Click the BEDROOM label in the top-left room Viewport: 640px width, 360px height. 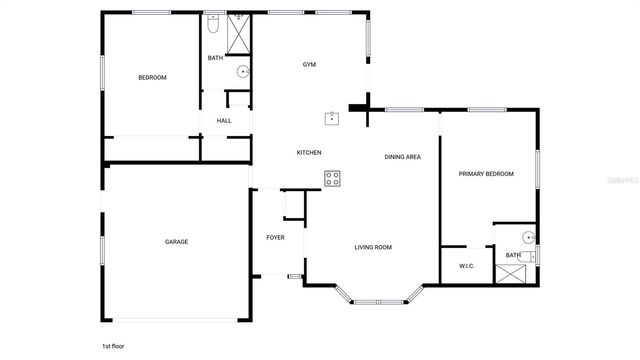[x=152, y=77]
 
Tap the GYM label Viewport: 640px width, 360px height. [x=310, y=65]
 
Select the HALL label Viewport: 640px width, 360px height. [x=224, y=121]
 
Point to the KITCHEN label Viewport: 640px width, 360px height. [x=309, y=152]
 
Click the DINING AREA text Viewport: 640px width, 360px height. [x=402, y=157]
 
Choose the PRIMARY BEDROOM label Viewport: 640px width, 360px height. [x=486, y=174]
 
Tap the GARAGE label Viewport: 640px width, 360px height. [x=177, y=241]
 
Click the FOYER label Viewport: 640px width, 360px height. [x=275, y=237]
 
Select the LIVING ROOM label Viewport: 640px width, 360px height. [x=373, y=247]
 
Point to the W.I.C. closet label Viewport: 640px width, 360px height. [x=466, y=266]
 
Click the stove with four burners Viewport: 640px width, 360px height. [x=333, y=179]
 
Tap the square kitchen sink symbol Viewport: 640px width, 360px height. [x=331, y=118]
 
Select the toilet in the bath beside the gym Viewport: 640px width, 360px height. [x=213, y=25]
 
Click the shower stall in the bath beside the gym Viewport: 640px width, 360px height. [x=241, y=35]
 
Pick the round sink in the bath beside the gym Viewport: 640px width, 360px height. [x=241, y=71]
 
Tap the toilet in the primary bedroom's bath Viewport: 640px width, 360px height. [x=534, y=256]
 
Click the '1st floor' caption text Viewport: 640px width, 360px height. [x=112, y=345]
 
